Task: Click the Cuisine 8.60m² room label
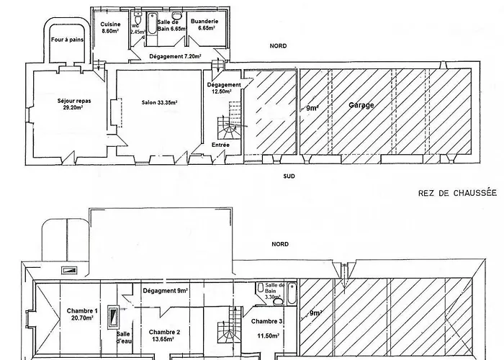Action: pos(110,27)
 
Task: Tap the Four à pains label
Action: pos(67,40)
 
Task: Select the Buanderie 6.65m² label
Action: pos(204,24)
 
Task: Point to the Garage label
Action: pos(361,105)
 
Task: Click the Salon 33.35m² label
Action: pos(160,102)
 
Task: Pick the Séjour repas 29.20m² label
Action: pos(74,104)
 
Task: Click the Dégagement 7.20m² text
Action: pos(175,56)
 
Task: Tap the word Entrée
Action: pos(220,145)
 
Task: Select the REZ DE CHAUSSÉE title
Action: pos(457,193)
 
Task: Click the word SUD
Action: pos(289,176)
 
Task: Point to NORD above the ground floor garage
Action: pos(278,46)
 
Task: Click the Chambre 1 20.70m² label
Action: pos(82,315)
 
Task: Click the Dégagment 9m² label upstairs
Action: pos(165,291)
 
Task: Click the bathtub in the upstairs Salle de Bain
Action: pos(292,293)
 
